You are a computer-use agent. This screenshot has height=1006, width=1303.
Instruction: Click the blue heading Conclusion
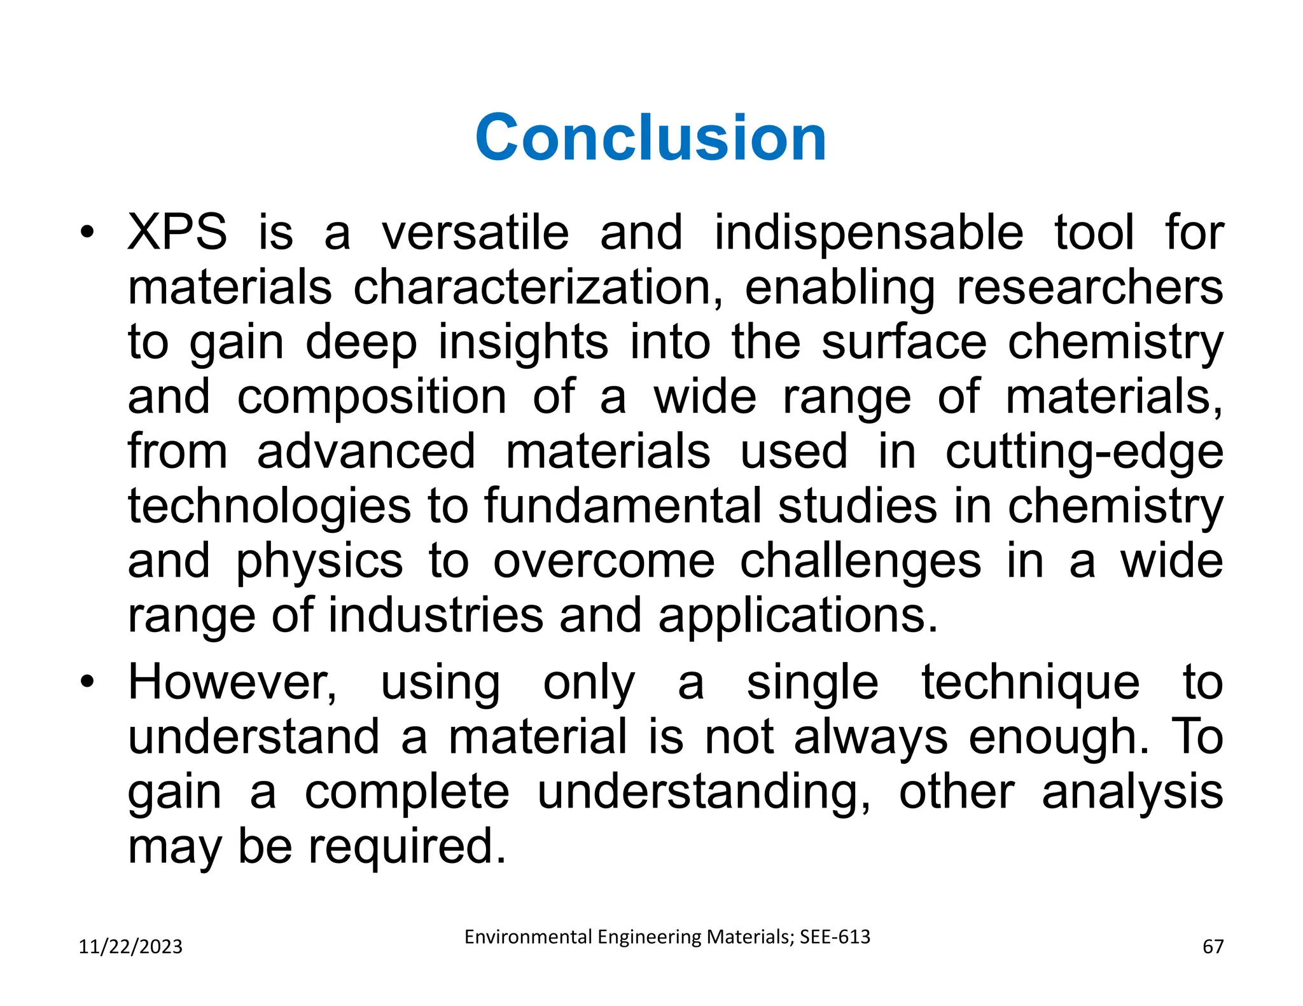tap(650, 138)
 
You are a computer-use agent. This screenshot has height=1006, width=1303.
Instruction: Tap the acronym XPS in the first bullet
tap(177, 233)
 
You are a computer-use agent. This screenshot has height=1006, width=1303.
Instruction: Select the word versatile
tap(475, 233)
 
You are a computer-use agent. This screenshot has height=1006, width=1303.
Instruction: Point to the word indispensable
tap(868, 233)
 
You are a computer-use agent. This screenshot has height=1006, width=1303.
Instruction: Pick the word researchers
tap(1089, 288)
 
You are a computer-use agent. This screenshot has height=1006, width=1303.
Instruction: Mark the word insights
tap(523, 343)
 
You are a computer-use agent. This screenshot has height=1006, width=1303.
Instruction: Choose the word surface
tap(903, 343)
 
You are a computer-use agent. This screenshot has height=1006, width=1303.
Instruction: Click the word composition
tap(372, 397)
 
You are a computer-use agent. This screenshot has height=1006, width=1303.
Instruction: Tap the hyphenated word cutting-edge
tap(1084, 452)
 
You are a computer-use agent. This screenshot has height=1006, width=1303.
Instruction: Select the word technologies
tap(269, 507)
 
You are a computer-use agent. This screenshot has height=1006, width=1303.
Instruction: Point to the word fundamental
tap(622, 507)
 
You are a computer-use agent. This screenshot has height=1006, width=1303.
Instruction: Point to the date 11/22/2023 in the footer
tap(130, 947)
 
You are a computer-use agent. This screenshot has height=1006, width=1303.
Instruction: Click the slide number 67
tap(1213, 947)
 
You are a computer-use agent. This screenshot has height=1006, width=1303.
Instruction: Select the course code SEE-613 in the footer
tap(835, 937)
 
